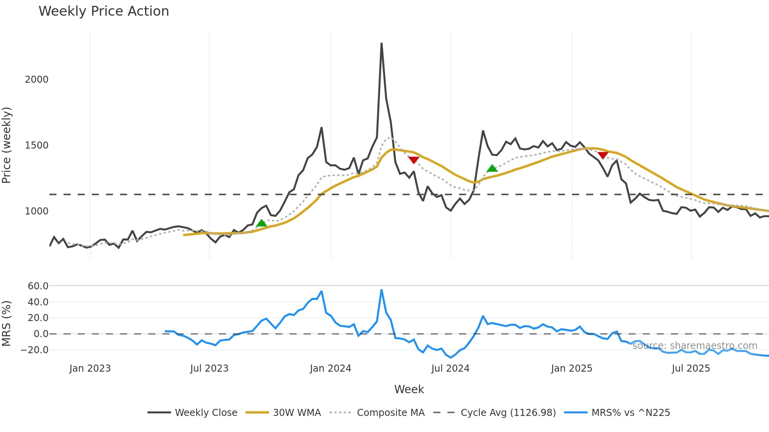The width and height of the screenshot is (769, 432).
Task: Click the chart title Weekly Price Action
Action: [x=104, y=11]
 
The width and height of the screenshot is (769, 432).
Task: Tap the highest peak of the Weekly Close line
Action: [x=381, y=44]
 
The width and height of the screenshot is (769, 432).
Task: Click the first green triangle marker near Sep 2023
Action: [x=262, y=223]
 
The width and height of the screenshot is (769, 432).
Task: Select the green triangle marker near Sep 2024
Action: [x=492, y=169]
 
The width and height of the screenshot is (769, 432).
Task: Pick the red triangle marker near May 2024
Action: [x=414, y=160]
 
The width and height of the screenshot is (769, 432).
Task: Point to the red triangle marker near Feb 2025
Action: [x=603, y=156]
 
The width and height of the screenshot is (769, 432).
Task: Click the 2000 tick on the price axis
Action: [x=36, y=80]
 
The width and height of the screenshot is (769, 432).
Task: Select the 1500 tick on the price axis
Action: [x=36, y=145]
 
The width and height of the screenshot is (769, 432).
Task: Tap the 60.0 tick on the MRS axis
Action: [x=38, y=286]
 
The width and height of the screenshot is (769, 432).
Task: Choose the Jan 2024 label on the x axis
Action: [x=330, y=368]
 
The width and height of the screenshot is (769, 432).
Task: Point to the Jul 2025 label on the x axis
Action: [x=691, y=368]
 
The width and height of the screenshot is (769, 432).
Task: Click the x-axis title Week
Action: [x=409, y=389]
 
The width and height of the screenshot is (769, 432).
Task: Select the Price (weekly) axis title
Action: [x=7, y=145]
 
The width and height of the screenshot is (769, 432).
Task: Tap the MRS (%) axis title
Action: [x=7, y=323]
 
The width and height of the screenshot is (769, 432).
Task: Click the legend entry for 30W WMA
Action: [x=297, y=413]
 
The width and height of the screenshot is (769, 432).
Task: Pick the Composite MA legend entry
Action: [x=390, y=413]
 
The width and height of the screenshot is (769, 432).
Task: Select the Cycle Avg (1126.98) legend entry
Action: [x=508, y=413]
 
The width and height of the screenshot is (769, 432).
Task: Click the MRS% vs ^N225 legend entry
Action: [x=631, y=413]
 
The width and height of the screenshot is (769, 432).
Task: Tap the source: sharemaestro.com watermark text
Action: [x=694, y=346]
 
